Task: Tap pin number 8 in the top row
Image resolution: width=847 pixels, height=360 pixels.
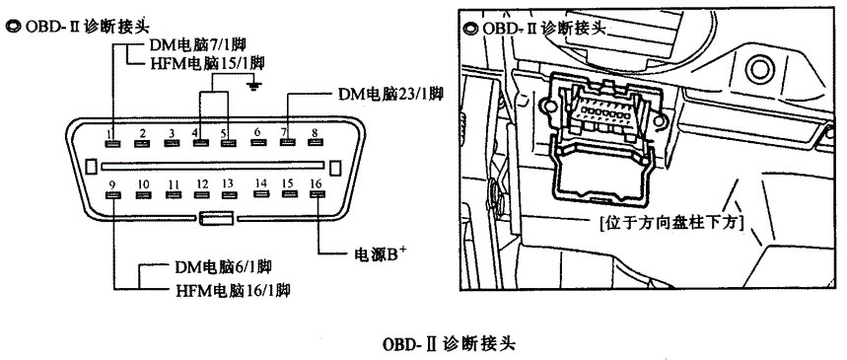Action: coord(314,132)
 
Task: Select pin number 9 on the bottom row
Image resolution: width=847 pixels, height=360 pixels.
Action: coord(112,184)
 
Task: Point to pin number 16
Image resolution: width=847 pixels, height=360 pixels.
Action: coord(317,183)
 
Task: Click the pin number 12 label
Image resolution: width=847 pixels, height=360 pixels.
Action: coord(202,184)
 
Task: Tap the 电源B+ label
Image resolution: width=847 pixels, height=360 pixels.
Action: coord(379,254)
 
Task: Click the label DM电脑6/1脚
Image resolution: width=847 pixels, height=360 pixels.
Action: coord(223,266)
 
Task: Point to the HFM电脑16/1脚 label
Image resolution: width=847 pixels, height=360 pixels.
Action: coord(233,291)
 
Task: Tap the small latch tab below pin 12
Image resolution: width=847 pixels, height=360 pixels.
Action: coord(216,218)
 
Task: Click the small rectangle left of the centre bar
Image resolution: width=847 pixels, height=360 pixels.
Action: coord(91,167)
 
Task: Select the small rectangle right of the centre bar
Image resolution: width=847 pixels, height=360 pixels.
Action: coord(335,167)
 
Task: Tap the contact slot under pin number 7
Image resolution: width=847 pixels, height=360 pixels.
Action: coord(286,143)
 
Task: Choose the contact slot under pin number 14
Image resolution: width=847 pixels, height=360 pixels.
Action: coord(261,193)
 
